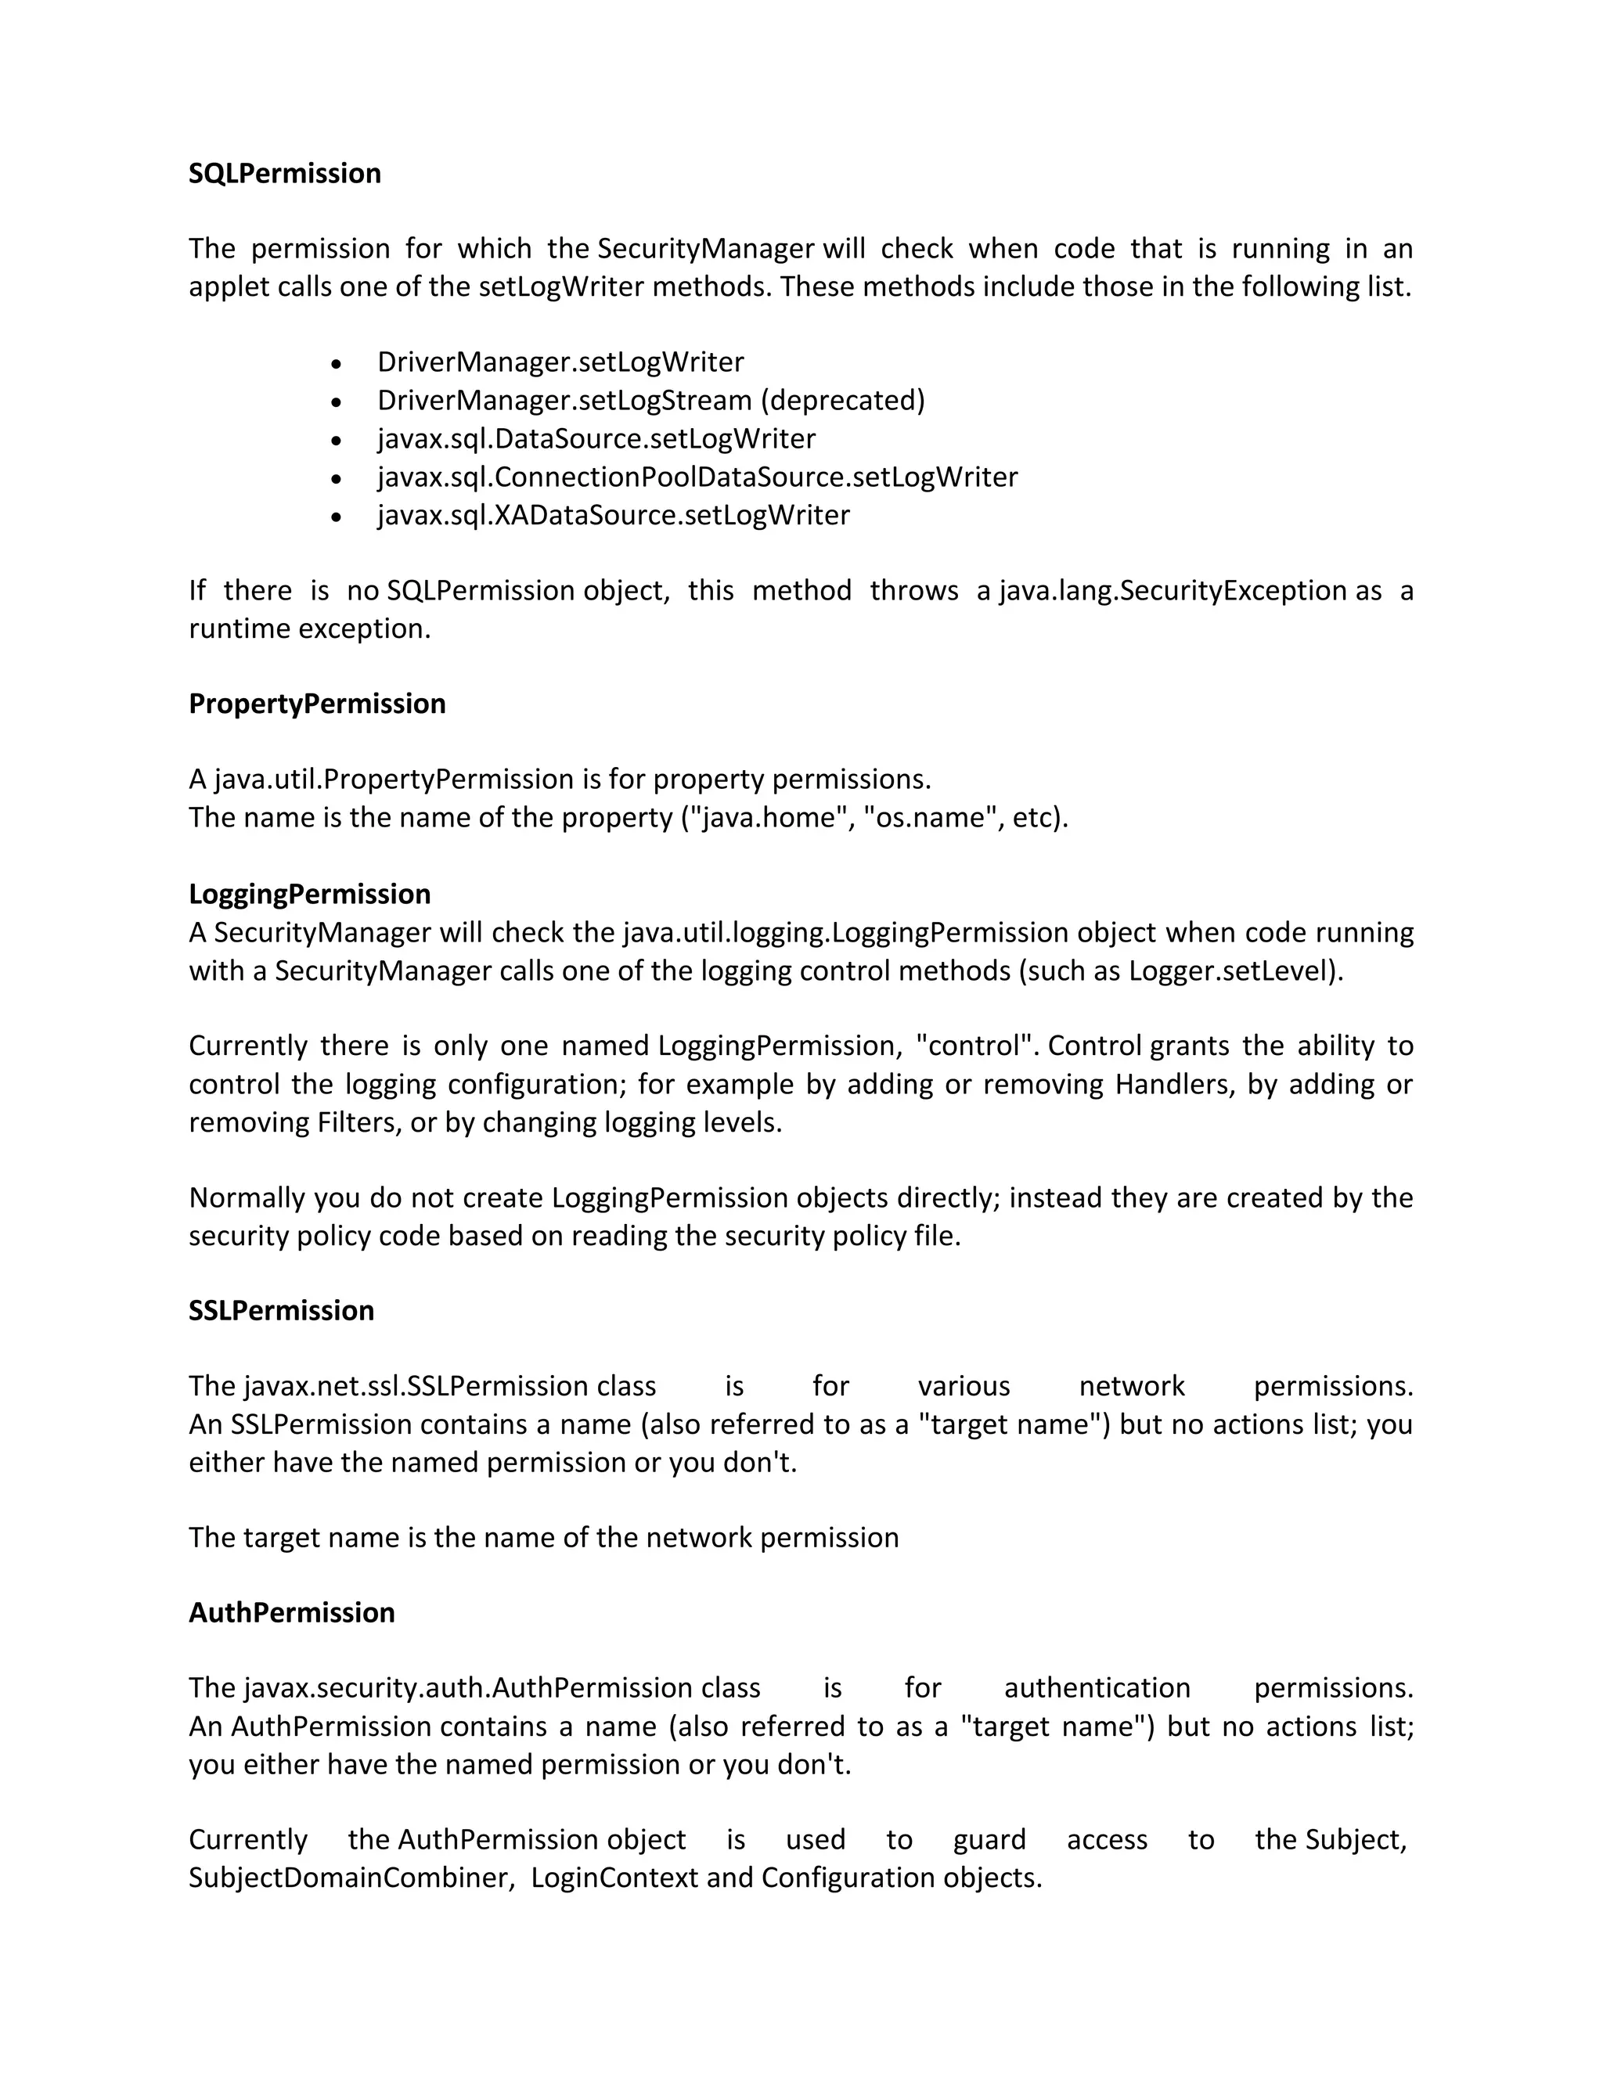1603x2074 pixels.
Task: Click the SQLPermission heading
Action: pos(285,174)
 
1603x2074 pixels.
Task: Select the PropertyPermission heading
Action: pos(317,704)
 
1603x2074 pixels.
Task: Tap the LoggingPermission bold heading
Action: pos(310,894)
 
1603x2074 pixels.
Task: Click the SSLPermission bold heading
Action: pos(281,1310)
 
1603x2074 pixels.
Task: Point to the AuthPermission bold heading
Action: pos(291,1612)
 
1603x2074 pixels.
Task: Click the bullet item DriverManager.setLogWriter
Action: pos(560,362)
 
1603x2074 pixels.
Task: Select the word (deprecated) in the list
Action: pos(841,400)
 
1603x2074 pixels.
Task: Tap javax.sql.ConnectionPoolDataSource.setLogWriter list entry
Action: pos(697,477)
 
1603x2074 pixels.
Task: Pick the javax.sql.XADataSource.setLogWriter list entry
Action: pos(614,515)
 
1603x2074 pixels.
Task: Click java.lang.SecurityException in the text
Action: pos(1173,591)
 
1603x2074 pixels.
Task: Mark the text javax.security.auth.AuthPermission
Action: pos(468,1687)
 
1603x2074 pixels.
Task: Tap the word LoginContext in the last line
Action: pos(614,1878)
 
